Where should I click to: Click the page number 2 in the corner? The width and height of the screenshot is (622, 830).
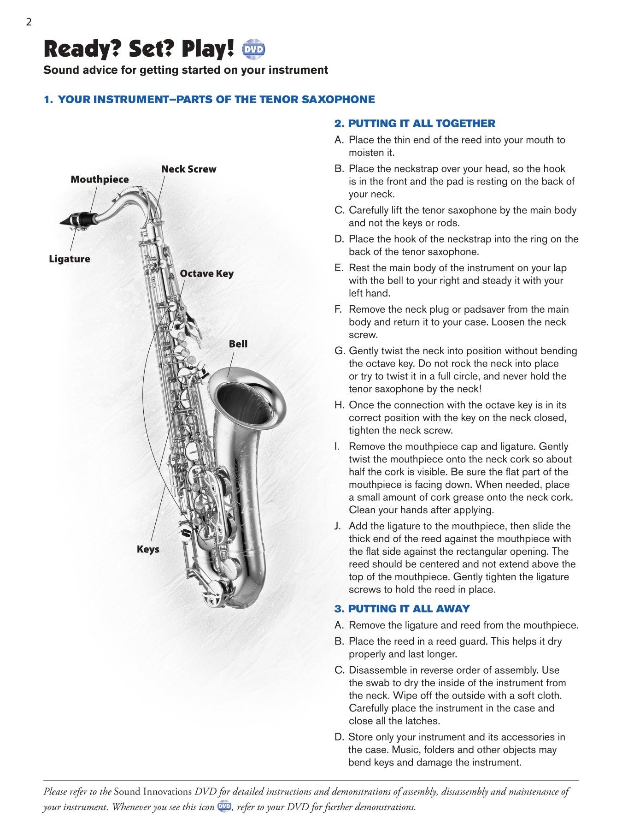point(29,22)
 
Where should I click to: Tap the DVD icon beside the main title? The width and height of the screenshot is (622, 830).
point(253,49)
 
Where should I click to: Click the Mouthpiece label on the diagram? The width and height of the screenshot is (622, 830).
point(100,179)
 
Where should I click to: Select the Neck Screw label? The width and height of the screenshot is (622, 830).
point(188,169)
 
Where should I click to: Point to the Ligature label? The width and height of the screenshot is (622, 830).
point(70,259)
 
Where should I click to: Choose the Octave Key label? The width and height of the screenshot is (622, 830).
point(206,273)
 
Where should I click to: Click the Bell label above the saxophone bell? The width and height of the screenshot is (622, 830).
point(238,344)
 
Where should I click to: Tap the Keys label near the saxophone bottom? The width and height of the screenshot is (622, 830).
point(148,549)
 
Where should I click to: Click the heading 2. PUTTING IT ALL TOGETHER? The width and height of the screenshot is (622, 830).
point(415,124)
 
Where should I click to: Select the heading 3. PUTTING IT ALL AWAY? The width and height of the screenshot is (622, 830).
point(402,609)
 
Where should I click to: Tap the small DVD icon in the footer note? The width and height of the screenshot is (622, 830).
point(224,806)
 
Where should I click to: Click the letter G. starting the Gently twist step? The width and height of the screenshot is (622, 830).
point(340,351)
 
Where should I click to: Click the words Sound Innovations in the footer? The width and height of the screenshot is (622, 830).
point(153,792)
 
